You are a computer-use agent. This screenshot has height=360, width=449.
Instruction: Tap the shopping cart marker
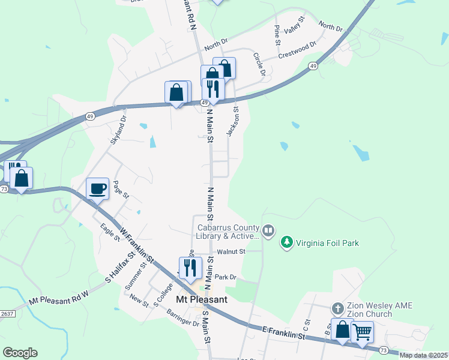click(362, 332)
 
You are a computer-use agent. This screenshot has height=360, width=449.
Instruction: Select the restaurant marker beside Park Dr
click(190, 268)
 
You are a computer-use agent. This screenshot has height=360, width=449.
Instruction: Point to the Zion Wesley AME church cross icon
click(338, 308)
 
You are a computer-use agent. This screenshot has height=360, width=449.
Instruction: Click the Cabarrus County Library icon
click(268, 230)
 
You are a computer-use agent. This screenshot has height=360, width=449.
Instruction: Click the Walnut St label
click(232, 252)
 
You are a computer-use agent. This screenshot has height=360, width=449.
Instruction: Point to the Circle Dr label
click(259, 64)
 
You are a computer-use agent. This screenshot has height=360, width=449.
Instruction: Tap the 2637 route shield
click(7, 313)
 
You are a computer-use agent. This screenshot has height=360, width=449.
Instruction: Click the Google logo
click(20, 353)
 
